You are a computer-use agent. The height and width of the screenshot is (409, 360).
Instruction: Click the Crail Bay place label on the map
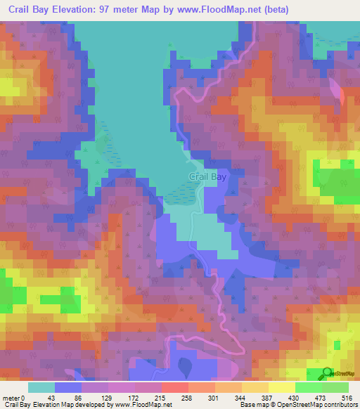tap(207, 178)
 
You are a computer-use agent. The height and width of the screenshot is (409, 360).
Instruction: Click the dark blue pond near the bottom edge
tap(184, 366)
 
